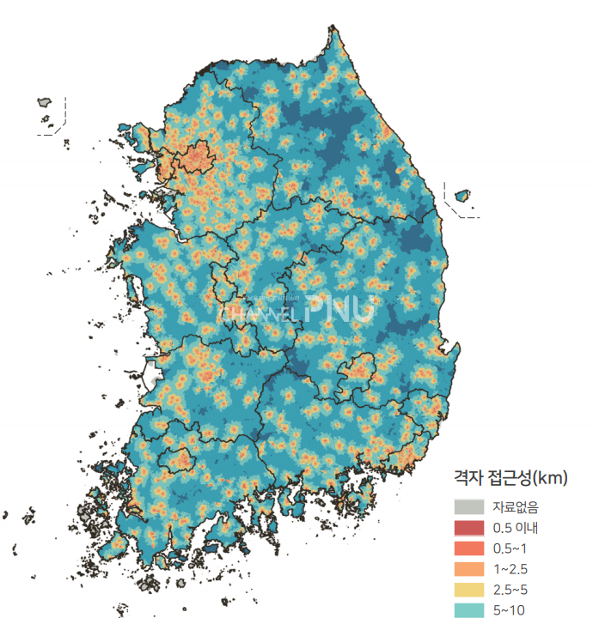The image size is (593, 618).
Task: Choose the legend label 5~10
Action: point(509,609)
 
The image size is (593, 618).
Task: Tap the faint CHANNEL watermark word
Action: point(258,312)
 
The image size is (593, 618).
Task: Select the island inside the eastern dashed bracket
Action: point(462,196)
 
